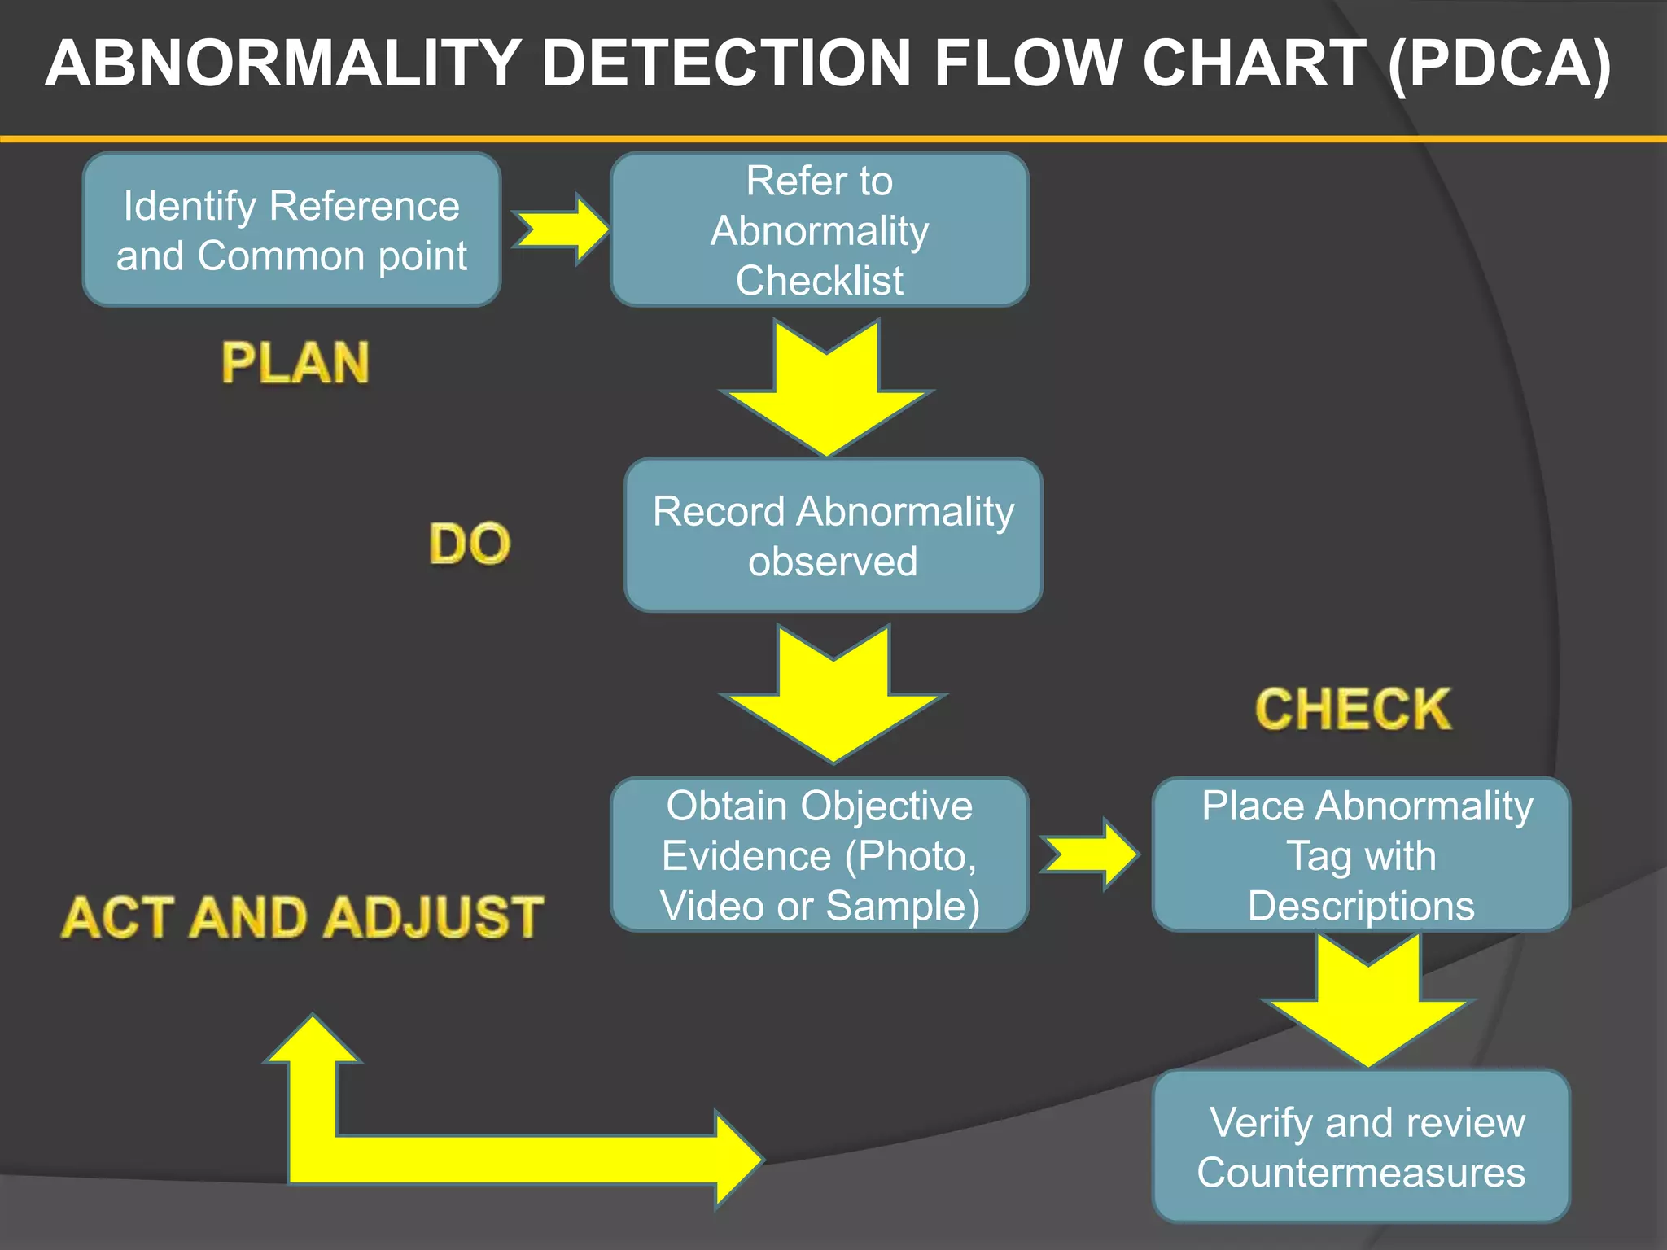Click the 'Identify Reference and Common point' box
click(291, 229)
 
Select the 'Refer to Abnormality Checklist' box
click(819, 229)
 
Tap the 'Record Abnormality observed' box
click(833, 535)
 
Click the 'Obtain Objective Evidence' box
click(819, 854)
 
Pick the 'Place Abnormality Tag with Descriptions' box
click(1360, 854)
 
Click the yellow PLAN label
click(295, 363)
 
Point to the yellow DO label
click(470, 544)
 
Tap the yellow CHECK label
click(1353, 709)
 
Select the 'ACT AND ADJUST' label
click(302, 917)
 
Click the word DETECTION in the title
click(726, 63)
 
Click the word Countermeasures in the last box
click(1360, 1172)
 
